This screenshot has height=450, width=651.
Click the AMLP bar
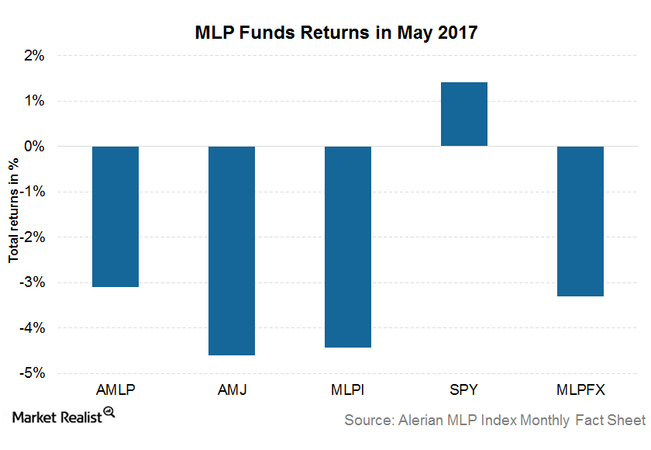pos(115,216)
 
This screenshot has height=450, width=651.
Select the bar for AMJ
pos(232,251)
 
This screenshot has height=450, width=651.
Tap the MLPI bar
pos(348,247)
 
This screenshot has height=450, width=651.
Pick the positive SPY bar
pos(464,114)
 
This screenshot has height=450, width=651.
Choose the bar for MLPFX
pos(580,221)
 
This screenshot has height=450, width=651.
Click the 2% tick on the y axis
pos(36,56)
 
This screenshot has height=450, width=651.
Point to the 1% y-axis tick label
pos(36,101)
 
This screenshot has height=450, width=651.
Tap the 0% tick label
pos(36,146)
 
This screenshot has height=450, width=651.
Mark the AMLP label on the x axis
pos(115,390)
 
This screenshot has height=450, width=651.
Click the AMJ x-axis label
pos(232,390)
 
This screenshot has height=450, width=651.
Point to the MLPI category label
pos(348,390)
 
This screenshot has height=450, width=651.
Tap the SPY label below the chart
pos(464,390)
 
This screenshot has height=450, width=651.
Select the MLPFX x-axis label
pos(580,390)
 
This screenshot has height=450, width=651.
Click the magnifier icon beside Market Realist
pos(109,413)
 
